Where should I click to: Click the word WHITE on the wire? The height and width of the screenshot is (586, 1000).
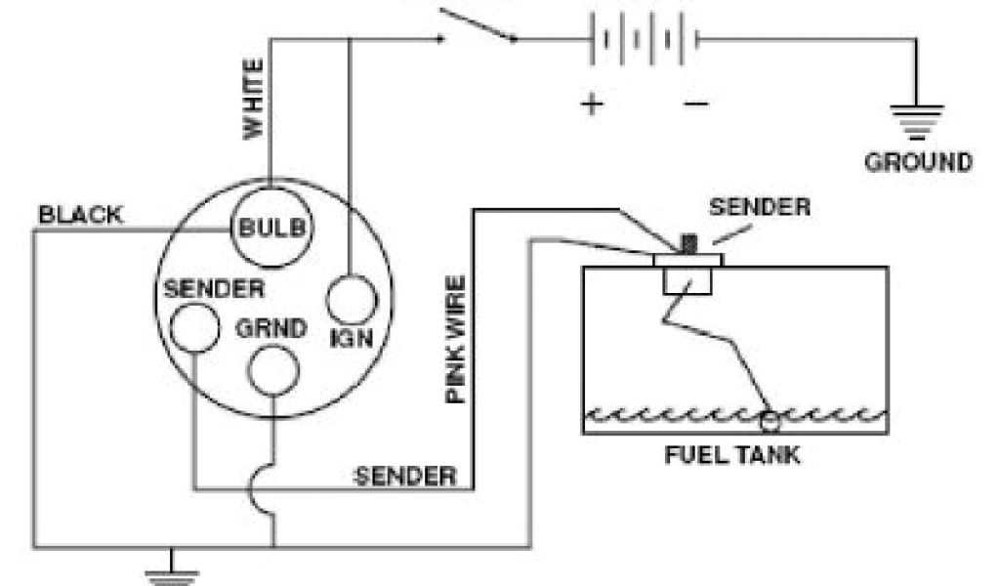point(253,99)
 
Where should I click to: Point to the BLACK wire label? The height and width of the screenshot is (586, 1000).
point(80,214)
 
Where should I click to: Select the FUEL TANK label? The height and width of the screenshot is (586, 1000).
point(732,455)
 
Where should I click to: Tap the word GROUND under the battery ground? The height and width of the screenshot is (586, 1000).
point(918,162)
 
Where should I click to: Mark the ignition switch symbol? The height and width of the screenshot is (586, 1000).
point(479,27)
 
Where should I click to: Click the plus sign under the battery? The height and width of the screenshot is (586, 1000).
point(593,103)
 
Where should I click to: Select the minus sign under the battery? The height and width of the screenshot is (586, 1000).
point(695,103)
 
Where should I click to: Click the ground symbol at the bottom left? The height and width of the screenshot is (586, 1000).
point(172,572)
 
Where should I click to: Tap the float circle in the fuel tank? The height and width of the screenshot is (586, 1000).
point(771,420)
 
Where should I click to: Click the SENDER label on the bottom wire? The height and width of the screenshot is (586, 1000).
point(405,476)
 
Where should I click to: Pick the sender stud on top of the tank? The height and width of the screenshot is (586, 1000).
point(687,243)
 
